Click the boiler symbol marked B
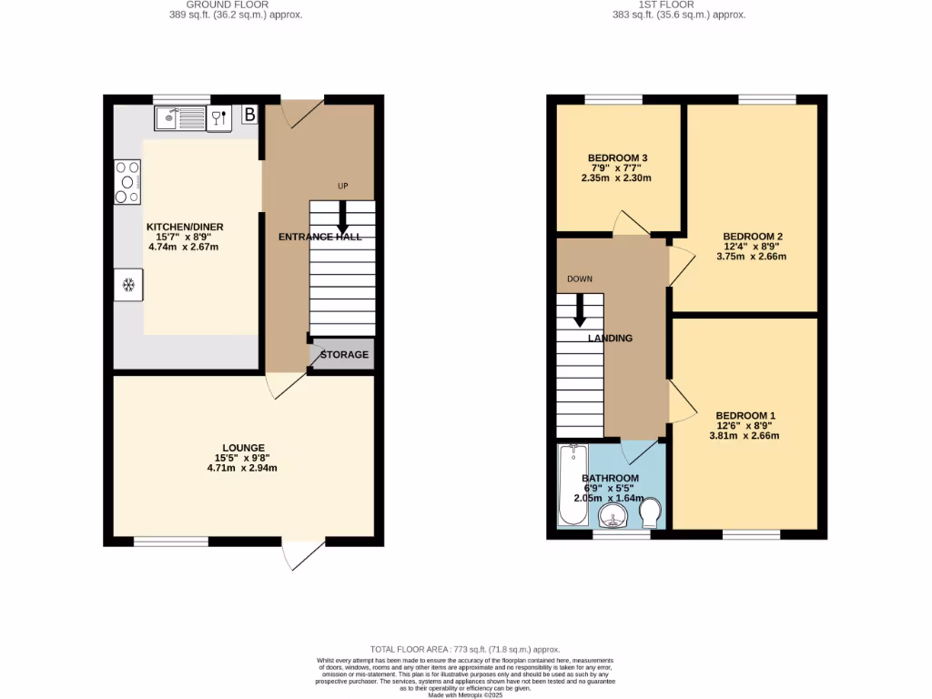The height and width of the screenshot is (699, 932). [249, 115]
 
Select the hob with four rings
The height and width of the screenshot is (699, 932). [127, 181]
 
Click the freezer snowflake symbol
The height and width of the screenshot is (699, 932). [128, 286]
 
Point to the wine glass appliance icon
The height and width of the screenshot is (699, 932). [219, 117]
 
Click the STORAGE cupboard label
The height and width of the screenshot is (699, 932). [344, 354]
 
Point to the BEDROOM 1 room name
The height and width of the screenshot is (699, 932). [745, 415]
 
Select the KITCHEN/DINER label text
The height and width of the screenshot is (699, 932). [185, 227]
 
